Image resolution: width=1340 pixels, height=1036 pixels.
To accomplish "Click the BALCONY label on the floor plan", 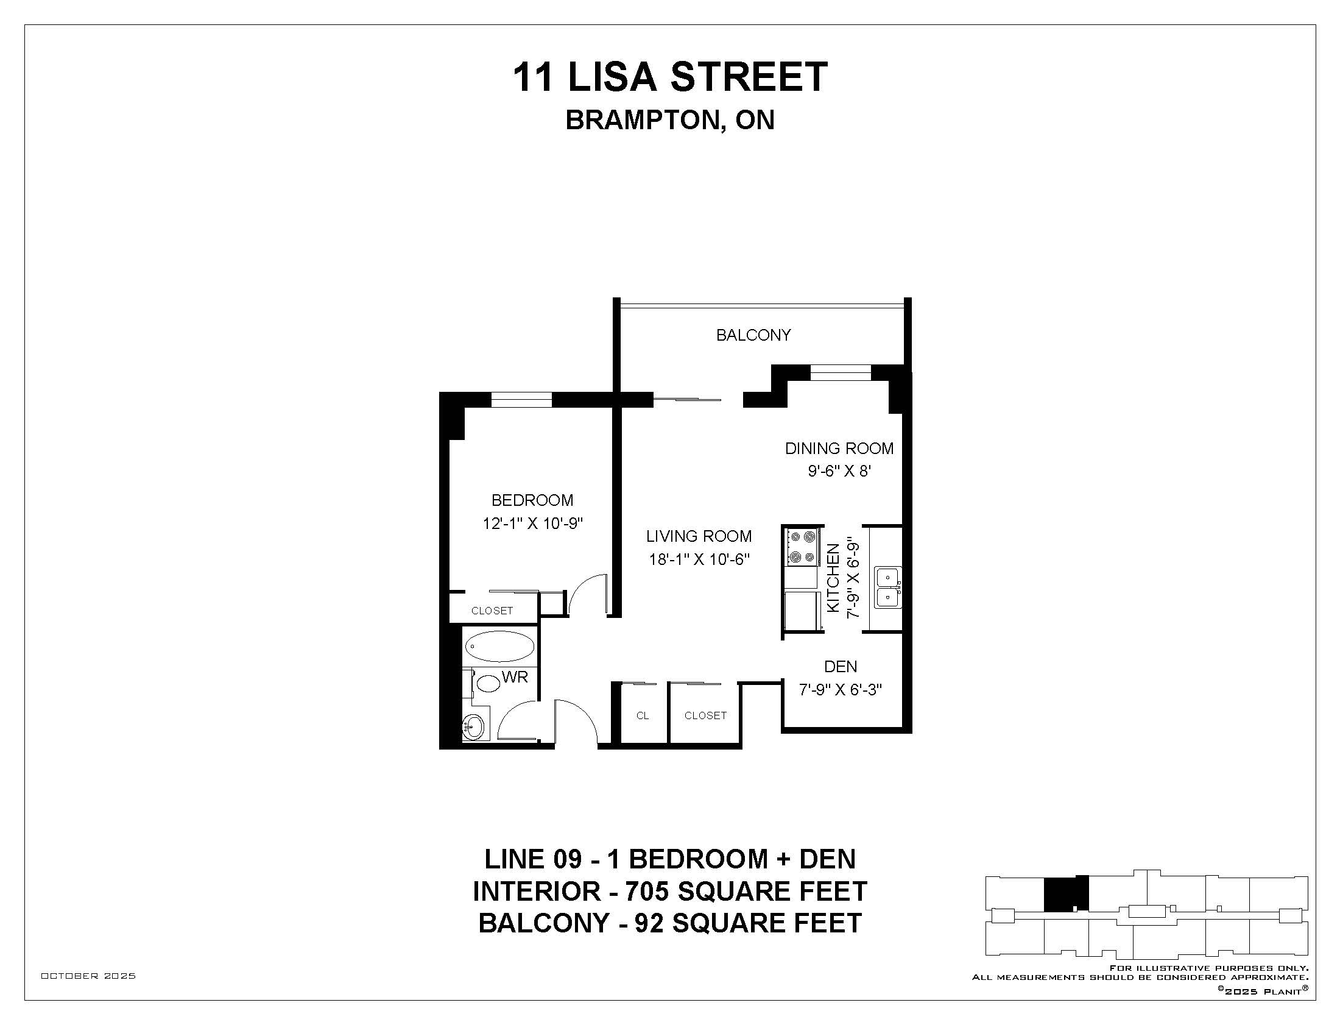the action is (x=753, y=335).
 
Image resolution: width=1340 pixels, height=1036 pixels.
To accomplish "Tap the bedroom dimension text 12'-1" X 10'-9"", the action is (x=532, y=523).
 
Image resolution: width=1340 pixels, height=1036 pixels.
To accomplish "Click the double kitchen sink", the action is (x=888, y=587).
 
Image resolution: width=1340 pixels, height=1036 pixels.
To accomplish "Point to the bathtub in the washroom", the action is (x=499, y=646).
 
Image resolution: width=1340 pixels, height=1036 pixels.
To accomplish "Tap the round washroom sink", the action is (x=473, y=728).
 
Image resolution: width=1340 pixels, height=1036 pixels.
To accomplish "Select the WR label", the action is (x=515, y=677).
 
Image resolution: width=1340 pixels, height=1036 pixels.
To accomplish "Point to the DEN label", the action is (x=841, y=667).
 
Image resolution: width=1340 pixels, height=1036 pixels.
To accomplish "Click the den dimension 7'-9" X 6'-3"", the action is (x=841, y=690).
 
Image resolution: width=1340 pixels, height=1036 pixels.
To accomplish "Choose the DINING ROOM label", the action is (x=839, y=449).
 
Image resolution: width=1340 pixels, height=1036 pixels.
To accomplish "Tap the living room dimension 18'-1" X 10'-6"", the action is (x=699, y=559).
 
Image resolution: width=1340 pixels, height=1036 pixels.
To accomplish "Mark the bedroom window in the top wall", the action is (x=521, y=400).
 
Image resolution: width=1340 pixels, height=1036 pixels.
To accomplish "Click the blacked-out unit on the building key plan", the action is (x=1066, y=893).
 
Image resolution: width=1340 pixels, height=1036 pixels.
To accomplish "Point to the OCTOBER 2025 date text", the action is (x=88, y=976).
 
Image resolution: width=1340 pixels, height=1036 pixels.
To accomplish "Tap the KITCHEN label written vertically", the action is (x=833, y=578).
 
